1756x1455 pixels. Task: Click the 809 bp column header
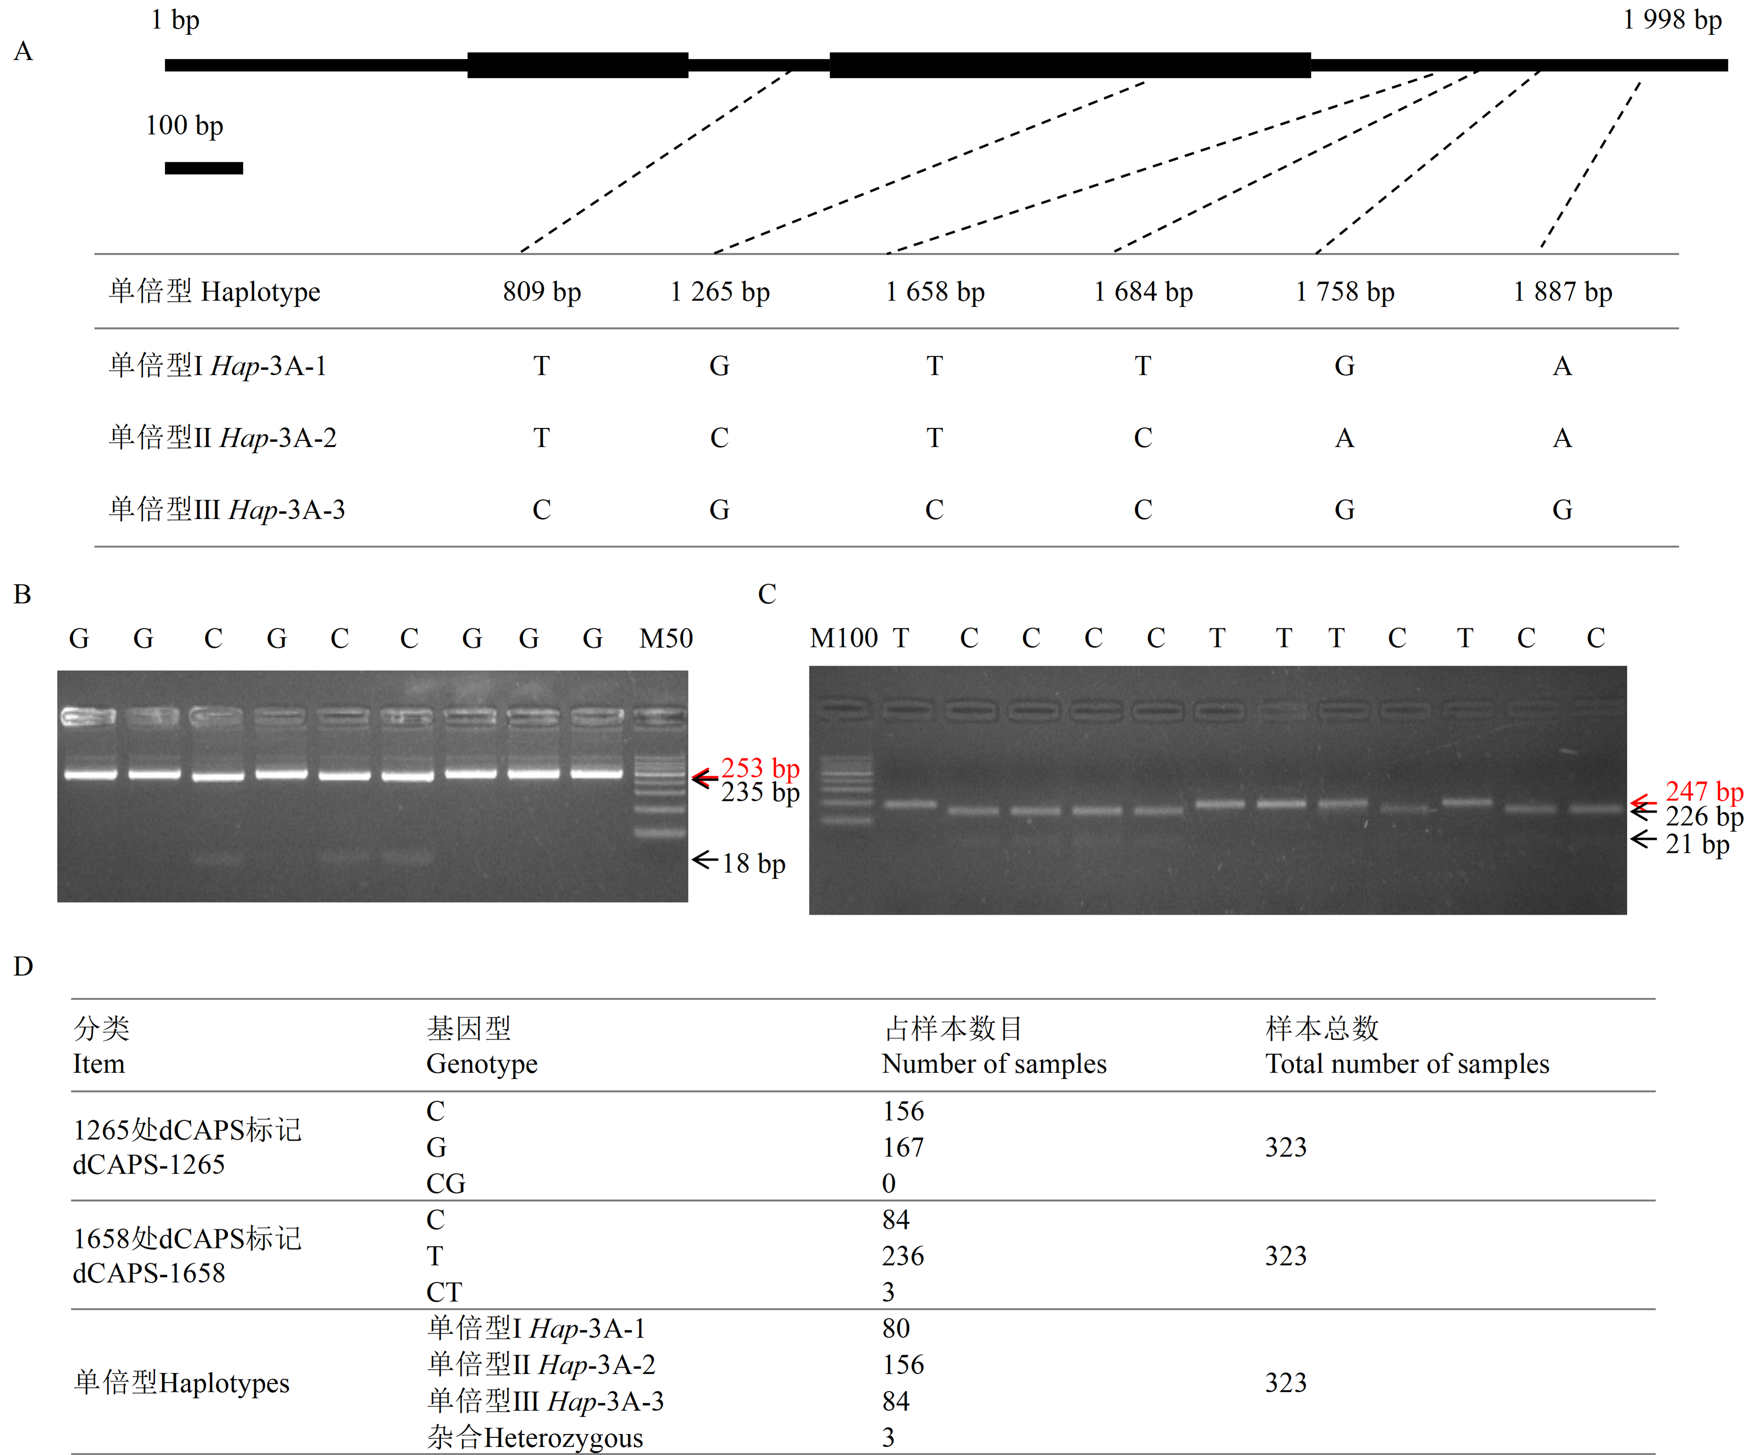click(542, 292)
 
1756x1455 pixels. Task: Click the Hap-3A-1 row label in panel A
click(218, 365)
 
